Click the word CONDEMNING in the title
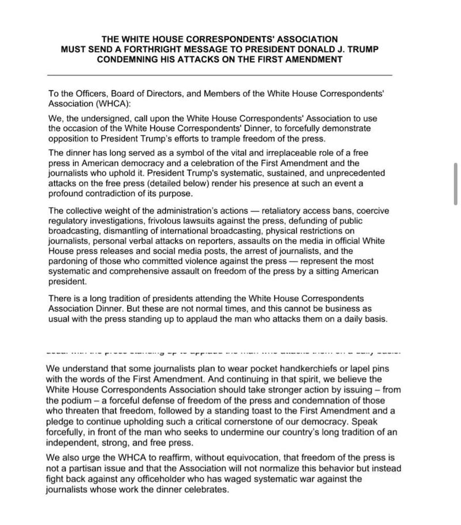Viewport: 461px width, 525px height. coord(124,59)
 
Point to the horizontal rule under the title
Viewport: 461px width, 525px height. coord(219,75)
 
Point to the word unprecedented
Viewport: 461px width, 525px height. coord(356,173)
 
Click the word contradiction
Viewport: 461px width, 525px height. coord(118,193)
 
